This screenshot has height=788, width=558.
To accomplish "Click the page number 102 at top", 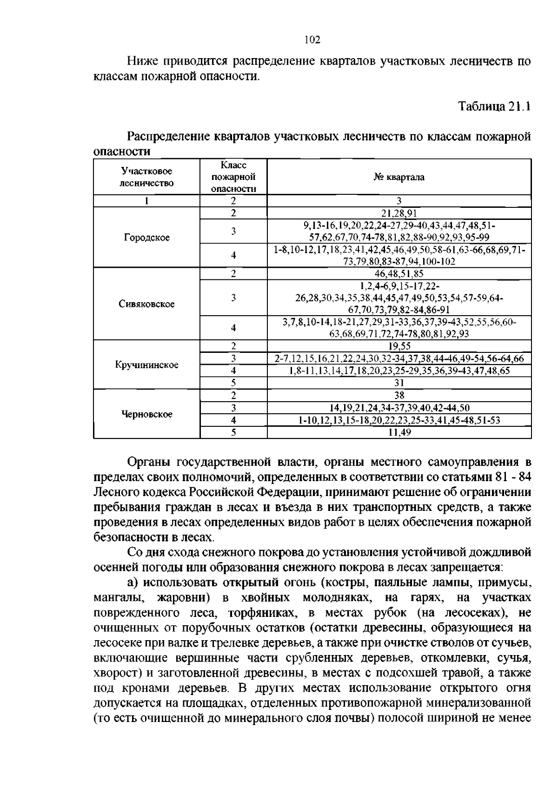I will click(312, 40).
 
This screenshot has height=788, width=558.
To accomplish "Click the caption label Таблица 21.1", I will click(494, 106).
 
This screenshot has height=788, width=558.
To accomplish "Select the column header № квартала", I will click(399, 177).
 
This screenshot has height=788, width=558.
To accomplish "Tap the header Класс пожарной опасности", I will click(233, 177).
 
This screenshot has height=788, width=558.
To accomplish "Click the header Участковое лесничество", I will click(146, 177).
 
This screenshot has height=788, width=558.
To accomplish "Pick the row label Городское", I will click(146, 238).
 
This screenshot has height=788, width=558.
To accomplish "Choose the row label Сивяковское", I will click(146, 304).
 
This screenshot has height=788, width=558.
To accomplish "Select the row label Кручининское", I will click(146, 365).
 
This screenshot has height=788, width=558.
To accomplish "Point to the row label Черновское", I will click(146, 414).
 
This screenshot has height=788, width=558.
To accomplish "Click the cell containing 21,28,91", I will click(399, 213).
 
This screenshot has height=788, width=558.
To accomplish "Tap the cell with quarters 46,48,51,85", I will click(399, 274).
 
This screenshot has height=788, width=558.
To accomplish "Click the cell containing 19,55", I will click(399, 346).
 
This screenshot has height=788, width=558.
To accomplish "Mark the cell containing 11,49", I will click(399, 432).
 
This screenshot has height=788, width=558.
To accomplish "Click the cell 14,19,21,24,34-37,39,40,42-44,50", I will click(399, 408).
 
